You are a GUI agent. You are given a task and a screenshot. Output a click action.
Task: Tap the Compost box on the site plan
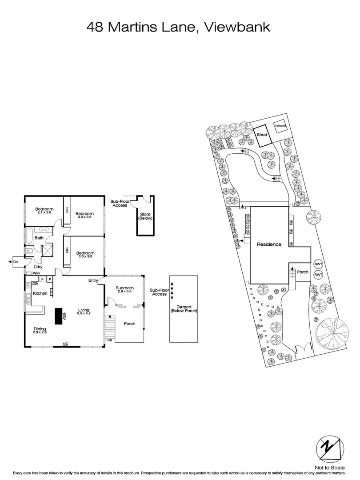coord(280,126)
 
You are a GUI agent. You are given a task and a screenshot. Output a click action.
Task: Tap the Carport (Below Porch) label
coord(184,308)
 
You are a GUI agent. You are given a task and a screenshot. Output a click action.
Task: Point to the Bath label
coord(39,238)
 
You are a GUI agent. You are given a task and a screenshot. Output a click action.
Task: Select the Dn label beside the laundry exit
coord(15,262)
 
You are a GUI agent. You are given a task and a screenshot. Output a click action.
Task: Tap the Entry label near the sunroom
coord(93,280)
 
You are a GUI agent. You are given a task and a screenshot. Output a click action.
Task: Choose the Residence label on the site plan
coord(269,244)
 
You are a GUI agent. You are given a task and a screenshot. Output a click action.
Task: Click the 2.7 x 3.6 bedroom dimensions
coord(44,213)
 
